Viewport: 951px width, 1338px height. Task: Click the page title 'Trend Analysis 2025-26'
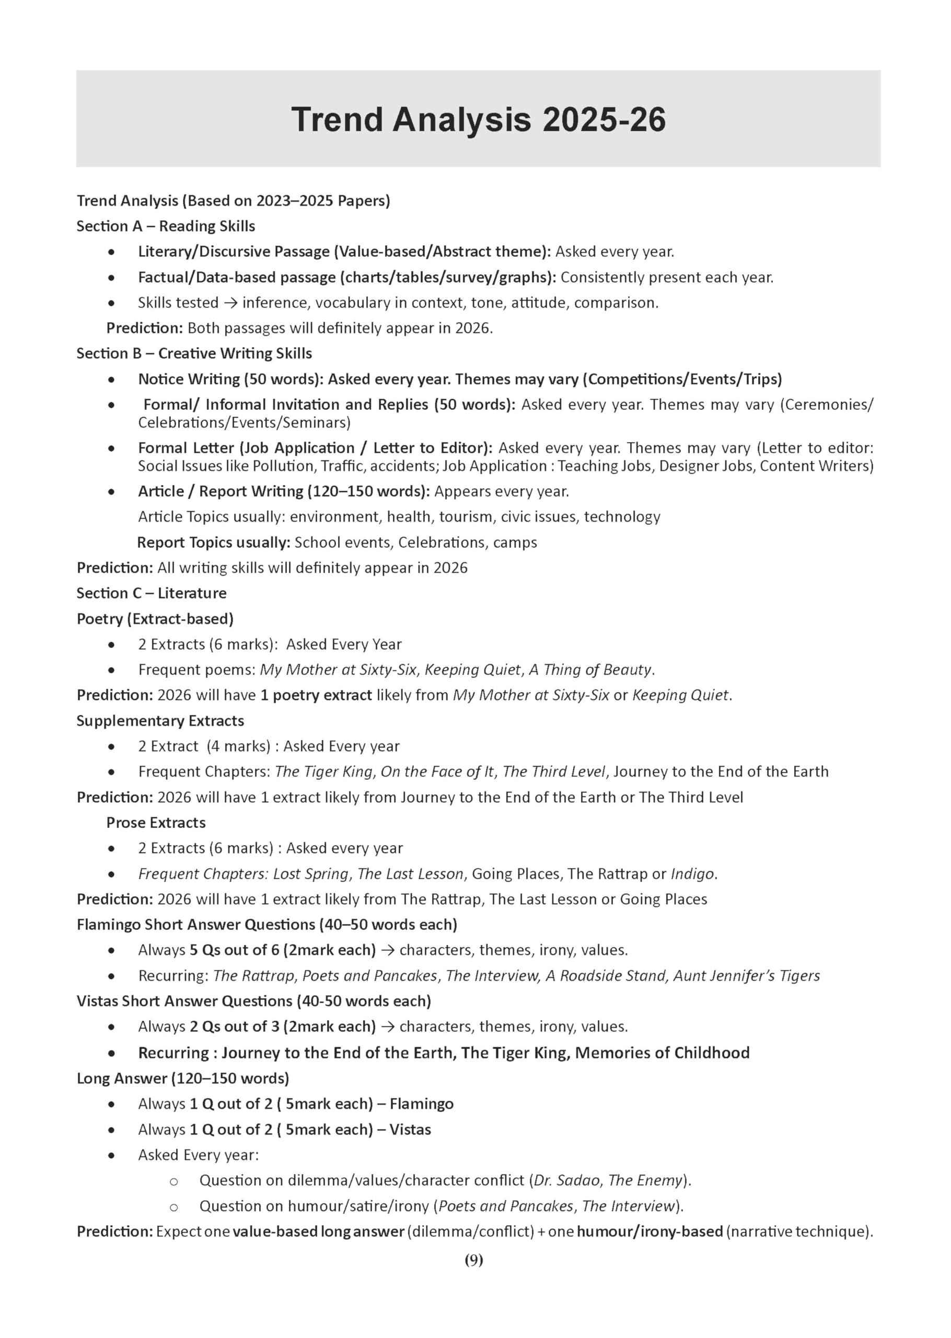478,120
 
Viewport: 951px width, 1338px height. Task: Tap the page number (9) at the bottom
474,1260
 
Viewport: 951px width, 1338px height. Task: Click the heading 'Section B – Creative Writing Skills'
194,353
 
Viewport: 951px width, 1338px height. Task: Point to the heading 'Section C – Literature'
151,593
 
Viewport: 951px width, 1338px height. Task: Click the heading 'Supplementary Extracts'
160,720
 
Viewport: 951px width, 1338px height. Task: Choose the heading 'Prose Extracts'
156,822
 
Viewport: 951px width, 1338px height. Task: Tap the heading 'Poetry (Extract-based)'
155,618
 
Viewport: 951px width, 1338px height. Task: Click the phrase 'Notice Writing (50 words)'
229,379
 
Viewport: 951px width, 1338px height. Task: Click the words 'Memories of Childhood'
662,1052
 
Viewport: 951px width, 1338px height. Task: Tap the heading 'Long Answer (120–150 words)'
183,1078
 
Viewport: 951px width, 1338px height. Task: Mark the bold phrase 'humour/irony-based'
650,1231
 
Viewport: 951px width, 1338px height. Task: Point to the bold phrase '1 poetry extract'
316,695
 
